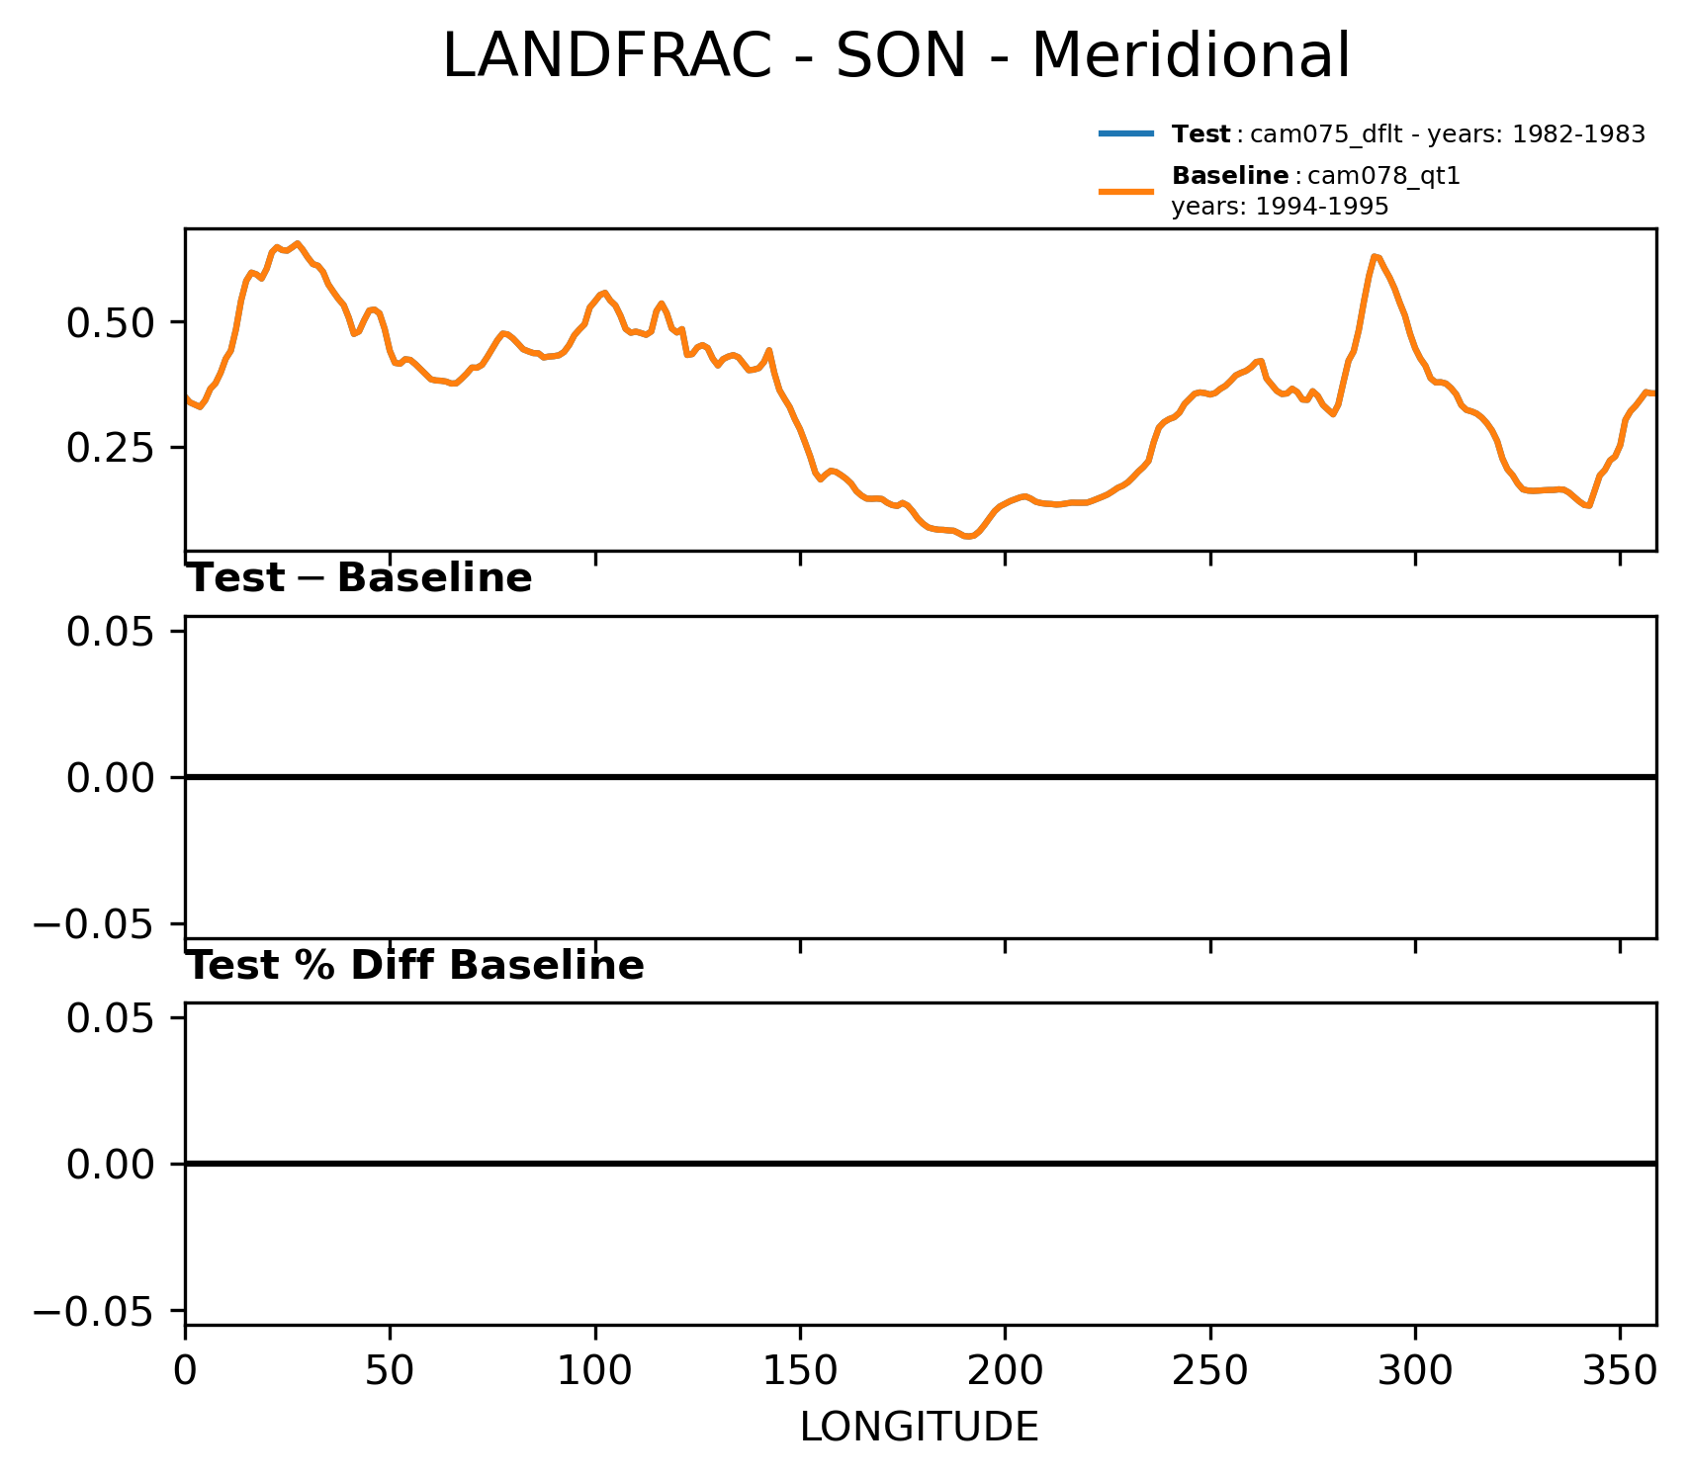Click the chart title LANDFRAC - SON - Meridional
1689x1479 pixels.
895,56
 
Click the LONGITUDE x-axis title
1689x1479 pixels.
919,1427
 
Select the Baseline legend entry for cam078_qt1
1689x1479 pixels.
1315,177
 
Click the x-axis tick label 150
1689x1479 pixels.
800,1371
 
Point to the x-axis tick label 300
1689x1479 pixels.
1415,1371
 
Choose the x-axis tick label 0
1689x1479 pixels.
185,1371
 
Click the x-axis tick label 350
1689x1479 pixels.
1620,1371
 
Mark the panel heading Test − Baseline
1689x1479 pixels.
360,579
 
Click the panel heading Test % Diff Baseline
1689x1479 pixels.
416,966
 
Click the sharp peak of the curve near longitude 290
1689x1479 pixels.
1375,256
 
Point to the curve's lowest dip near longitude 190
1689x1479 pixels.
969,537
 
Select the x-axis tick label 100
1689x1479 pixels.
594,1371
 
